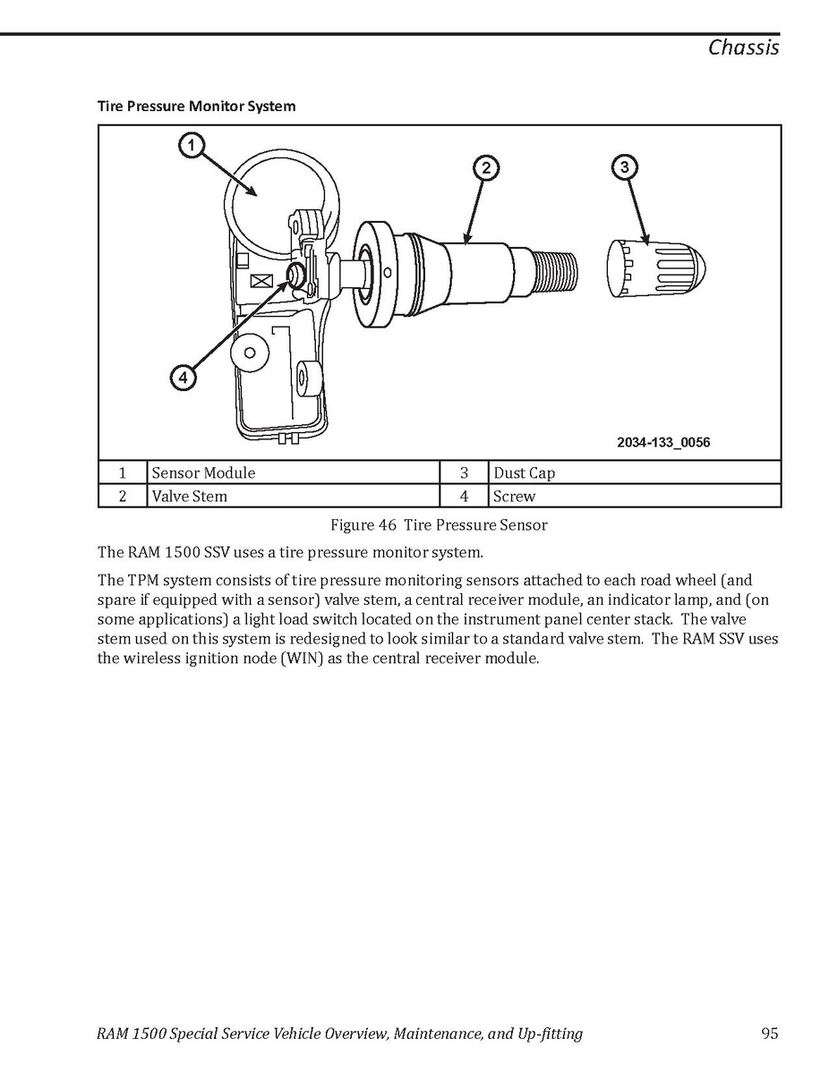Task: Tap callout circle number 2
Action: click(x=485, y=168)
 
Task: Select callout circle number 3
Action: click(x=625, y=166)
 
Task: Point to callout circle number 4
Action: click(x=183, y=377)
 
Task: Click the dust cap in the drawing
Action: click(x=656, y=269)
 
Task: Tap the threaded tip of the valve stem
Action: click(x=555, y=269)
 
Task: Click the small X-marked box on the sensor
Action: click(x=261, y=281)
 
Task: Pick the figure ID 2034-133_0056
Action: click(x=663, y=442)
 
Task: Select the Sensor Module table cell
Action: click(x=294, y=472)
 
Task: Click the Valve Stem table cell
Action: click(x=294, y=496)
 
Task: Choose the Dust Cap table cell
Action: click(x=636, y=472)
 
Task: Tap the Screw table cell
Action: click(x=636, y=496)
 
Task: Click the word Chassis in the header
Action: click(x=743, y=47)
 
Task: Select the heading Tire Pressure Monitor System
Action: click(x=196, y=106)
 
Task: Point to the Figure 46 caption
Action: click(x=440, y=525)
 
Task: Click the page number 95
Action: click(x=770, y=1033)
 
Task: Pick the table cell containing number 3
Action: click(x=465, y=472)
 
